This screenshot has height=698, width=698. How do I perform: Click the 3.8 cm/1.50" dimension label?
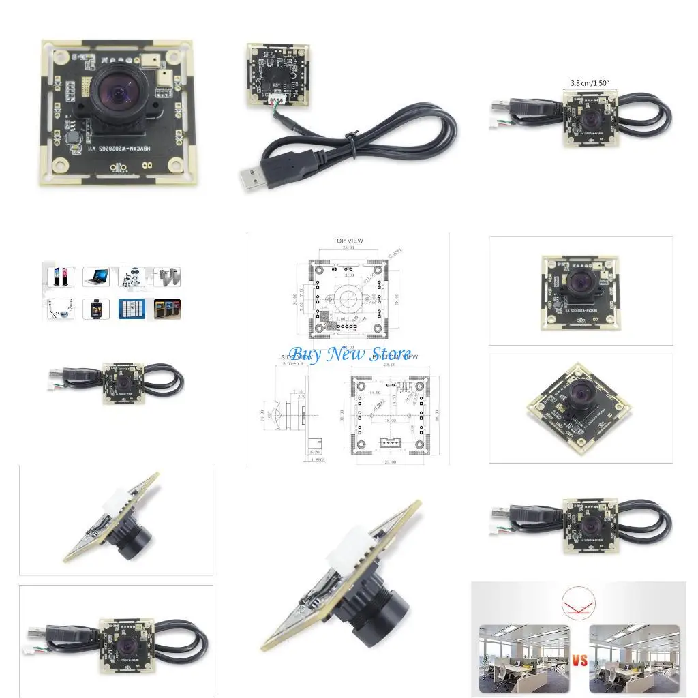(x=589, y=83)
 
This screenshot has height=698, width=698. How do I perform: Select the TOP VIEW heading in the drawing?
(x=348, y=241)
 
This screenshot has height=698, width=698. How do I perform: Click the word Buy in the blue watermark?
(x=305, y=354)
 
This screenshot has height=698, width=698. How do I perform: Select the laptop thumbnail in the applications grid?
(x=97, y=276)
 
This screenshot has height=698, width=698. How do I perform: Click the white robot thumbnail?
(x=132, y=276)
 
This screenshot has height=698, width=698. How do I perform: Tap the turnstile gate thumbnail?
(x=167, y=276)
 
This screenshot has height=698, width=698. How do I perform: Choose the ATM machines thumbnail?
(x=167, y=309)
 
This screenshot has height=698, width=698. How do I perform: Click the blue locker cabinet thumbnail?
(x=132, y=309)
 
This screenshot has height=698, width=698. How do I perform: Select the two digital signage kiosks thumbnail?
(x=60, y=276)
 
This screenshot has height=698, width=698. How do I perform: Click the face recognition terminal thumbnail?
(x=97, y=309)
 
